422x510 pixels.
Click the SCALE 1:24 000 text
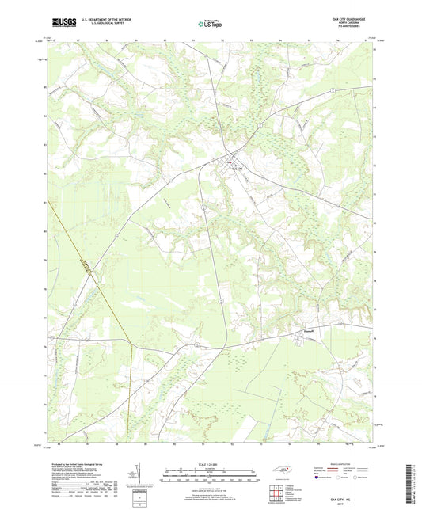point(210,463)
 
